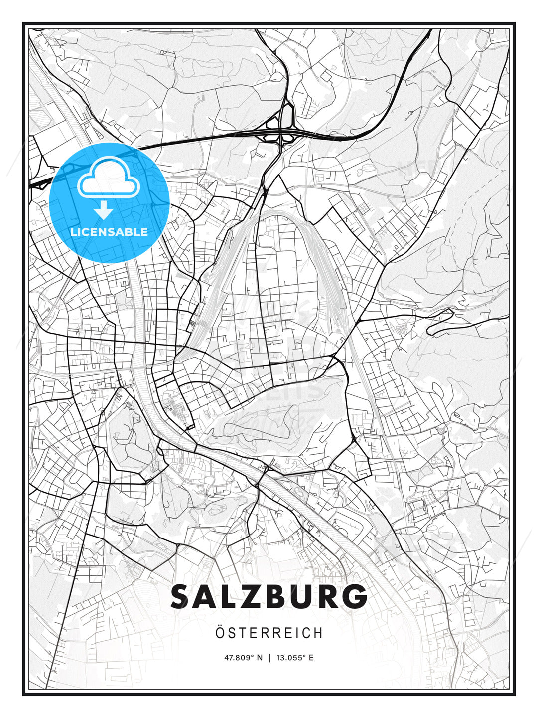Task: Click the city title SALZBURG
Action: [x=269, y=597]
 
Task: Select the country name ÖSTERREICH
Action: [x=269, y=633]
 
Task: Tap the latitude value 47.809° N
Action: [x=243, y=658]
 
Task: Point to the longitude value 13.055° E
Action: [x=294, y=658]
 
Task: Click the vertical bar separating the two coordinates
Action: [x=269, y=658]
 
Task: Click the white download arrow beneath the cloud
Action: [x=104, y=210]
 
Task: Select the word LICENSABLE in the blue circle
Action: [x=109, y=232]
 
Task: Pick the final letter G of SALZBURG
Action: [x=354, y=597]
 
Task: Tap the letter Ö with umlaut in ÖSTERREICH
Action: [x=221, y=633]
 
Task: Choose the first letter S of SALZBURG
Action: [x=182, y=597]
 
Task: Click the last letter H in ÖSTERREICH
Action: [x=318, y=633]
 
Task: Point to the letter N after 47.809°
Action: [x=259, y=658]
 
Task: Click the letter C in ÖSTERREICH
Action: [x=308, y=633]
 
